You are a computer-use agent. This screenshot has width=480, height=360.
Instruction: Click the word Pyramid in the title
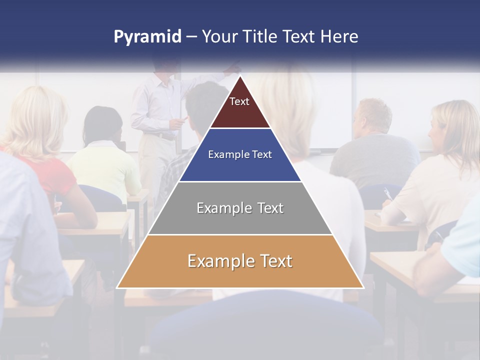pos(147,37)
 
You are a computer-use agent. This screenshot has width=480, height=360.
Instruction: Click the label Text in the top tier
pos(239,101)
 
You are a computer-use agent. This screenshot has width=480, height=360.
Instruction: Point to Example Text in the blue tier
pos(240,154)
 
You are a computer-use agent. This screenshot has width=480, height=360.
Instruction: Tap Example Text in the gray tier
pos(240,208)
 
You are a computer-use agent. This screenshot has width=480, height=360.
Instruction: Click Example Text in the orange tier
pos(240,261)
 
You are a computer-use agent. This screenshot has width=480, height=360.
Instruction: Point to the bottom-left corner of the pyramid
pos(117,287)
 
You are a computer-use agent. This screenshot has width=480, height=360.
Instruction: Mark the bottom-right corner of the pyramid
pos(363,287)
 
